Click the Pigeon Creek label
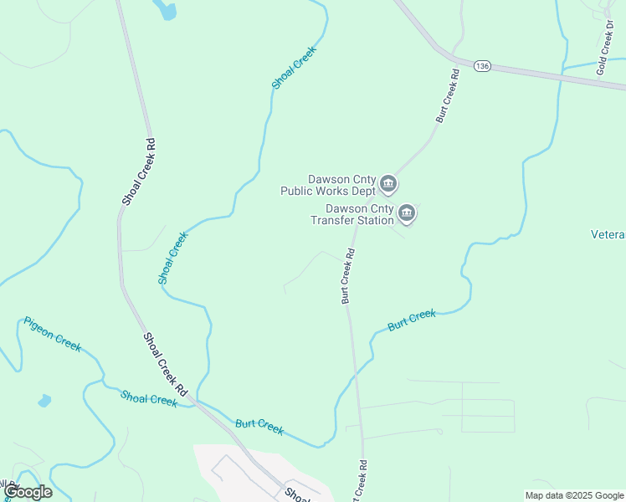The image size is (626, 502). (x=52, y=334)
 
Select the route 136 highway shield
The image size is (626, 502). (x=481, y=65)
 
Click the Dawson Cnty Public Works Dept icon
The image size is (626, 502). (x=387, y=183)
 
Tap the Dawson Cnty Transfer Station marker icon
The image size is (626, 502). (x=407, y=214)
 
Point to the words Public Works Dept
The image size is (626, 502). (x=328, y=190)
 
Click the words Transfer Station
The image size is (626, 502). (x=351, y=220)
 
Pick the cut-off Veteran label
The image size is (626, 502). (x=608, y=235)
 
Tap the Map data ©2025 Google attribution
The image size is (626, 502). (x=574, y=495)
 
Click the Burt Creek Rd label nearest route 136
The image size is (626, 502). (x=447, y=96)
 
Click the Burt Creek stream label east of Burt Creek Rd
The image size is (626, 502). (x=412, y=320)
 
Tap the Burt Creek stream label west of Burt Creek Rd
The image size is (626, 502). (x=259, y=427)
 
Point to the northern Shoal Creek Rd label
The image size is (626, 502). (x=138, y=172)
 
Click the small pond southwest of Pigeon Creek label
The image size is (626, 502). (x=44, y=401)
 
